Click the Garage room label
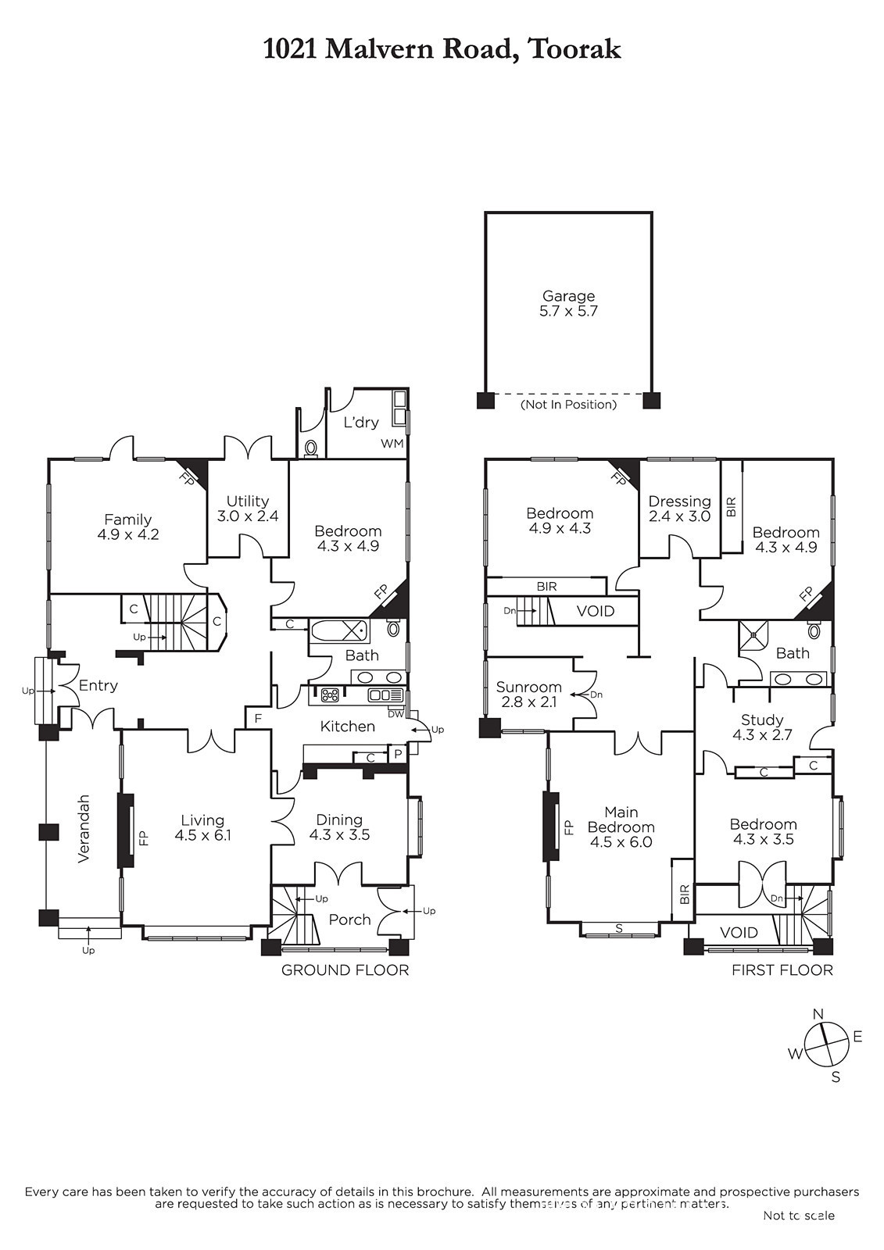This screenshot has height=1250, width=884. tap(568, 304)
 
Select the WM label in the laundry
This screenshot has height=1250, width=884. tap(392, 444)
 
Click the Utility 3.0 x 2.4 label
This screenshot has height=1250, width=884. tap(248, 509)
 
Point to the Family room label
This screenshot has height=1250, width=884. tap(128, 527)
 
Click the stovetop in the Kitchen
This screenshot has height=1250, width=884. tap(331, 695)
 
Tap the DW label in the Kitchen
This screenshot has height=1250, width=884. tap(395, 714)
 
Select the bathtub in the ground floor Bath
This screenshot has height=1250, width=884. tap(338, 631)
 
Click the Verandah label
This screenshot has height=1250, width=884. tap(84, 829)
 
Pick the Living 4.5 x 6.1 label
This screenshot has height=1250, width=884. tap(202, 827)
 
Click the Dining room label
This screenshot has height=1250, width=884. tap(339, 827)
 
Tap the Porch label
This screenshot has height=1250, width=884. tap(349, 919)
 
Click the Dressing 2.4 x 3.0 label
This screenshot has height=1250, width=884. tap(680, 509)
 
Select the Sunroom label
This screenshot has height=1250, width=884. tap(528, 695)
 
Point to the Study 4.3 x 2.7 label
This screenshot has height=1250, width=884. tap(762, 727)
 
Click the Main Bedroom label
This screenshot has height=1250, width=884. tap(621, 827)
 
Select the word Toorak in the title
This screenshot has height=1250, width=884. tap(574, 50)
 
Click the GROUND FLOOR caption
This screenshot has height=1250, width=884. tap(345, 970)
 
